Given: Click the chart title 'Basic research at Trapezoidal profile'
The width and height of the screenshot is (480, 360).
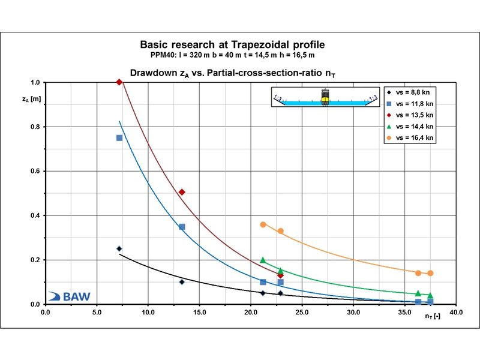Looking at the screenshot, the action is point(232,44).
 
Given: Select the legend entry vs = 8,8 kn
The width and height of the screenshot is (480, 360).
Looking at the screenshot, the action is point(409,92).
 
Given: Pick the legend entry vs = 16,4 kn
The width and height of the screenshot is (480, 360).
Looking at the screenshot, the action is point(410,138).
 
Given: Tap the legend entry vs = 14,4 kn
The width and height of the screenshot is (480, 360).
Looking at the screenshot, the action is point(410,127).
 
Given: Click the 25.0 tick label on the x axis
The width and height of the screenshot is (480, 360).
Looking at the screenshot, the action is point(302,313).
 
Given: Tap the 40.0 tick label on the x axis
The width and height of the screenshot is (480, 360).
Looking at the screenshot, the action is point(456,313).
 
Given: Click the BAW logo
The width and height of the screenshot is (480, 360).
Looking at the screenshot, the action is point(69,296).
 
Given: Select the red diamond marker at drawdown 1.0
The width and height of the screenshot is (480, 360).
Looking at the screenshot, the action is point(119,82).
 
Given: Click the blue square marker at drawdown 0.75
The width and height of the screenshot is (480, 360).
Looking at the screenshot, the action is point(119,138).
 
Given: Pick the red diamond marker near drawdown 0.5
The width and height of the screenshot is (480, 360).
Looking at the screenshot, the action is point(182,192).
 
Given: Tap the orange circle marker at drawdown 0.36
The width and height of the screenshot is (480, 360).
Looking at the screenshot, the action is point(263,224).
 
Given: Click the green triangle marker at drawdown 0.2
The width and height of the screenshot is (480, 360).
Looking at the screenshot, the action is point(263,260).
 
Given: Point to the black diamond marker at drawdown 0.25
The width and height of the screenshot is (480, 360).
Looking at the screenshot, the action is point(119,248).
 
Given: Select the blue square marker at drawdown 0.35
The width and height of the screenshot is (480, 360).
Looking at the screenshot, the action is point(182,227).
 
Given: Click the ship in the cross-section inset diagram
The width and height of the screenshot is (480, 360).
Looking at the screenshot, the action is point(325,97).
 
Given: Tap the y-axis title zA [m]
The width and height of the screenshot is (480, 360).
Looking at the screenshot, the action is point(32,99).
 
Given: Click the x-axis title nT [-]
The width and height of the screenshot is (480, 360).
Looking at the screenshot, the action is point(433,316).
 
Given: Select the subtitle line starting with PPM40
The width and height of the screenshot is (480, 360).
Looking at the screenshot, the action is point(232,55).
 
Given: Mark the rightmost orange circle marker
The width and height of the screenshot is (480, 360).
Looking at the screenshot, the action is point(430,273).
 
